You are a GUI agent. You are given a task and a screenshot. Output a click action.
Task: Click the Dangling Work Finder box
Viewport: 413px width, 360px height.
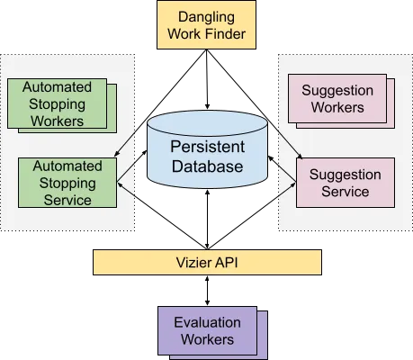coord(206,24)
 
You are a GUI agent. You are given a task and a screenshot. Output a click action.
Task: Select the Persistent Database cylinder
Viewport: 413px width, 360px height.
coord(207,149)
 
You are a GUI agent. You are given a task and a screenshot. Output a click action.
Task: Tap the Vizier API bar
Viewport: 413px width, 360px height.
coord(207,262)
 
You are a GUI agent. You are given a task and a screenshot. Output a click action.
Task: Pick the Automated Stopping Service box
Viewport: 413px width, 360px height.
coord(67,183)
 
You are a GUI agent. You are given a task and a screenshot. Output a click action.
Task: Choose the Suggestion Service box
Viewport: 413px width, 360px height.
coord(346,183)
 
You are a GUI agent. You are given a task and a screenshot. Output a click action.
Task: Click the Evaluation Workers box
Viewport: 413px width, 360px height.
coord(208,330)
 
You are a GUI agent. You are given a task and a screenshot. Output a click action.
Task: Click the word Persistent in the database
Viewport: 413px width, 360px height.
coord(207,147)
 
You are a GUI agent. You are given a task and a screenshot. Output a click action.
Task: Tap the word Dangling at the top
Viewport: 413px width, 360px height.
coord(206,17)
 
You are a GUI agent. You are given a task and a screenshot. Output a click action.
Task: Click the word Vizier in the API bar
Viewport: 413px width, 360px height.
coord(192,263)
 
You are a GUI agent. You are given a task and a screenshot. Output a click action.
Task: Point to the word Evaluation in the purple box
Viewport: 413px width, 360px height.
coord(207,322)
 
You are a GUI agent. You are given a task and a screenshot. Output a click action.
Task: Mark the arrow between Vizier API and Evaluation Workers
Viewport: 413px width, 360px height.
coord(207,291)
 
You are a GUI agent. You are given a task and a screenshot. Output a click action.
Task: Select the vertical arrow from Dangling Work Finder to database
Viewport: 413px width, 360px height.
coord(207,79)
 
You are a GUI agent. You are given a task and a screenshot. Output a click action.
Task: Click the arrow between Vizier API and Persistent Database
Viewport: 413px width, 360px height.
coord(207,220)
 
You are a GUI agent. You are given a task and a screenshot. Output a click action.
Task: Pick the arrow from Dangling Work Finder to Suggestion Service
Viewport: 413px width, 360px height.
coord(255,103)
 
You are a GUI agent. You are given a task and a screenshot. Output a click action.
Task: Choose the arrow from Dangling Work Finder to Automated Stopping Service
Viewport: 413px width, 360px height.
coord(160,103)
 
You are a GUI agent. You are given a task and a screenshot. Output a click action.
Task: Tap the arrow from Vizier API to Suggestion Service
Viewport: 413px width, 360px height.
coord(252,215)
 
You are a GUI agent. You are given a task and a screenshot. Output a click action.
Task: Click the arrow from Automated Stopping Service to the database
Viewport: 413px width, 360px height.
coord(131,166)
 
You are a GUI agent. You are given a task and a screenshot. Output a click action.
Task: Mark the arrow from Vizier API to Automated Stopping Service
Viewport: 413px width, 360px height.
coord(162,215)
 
